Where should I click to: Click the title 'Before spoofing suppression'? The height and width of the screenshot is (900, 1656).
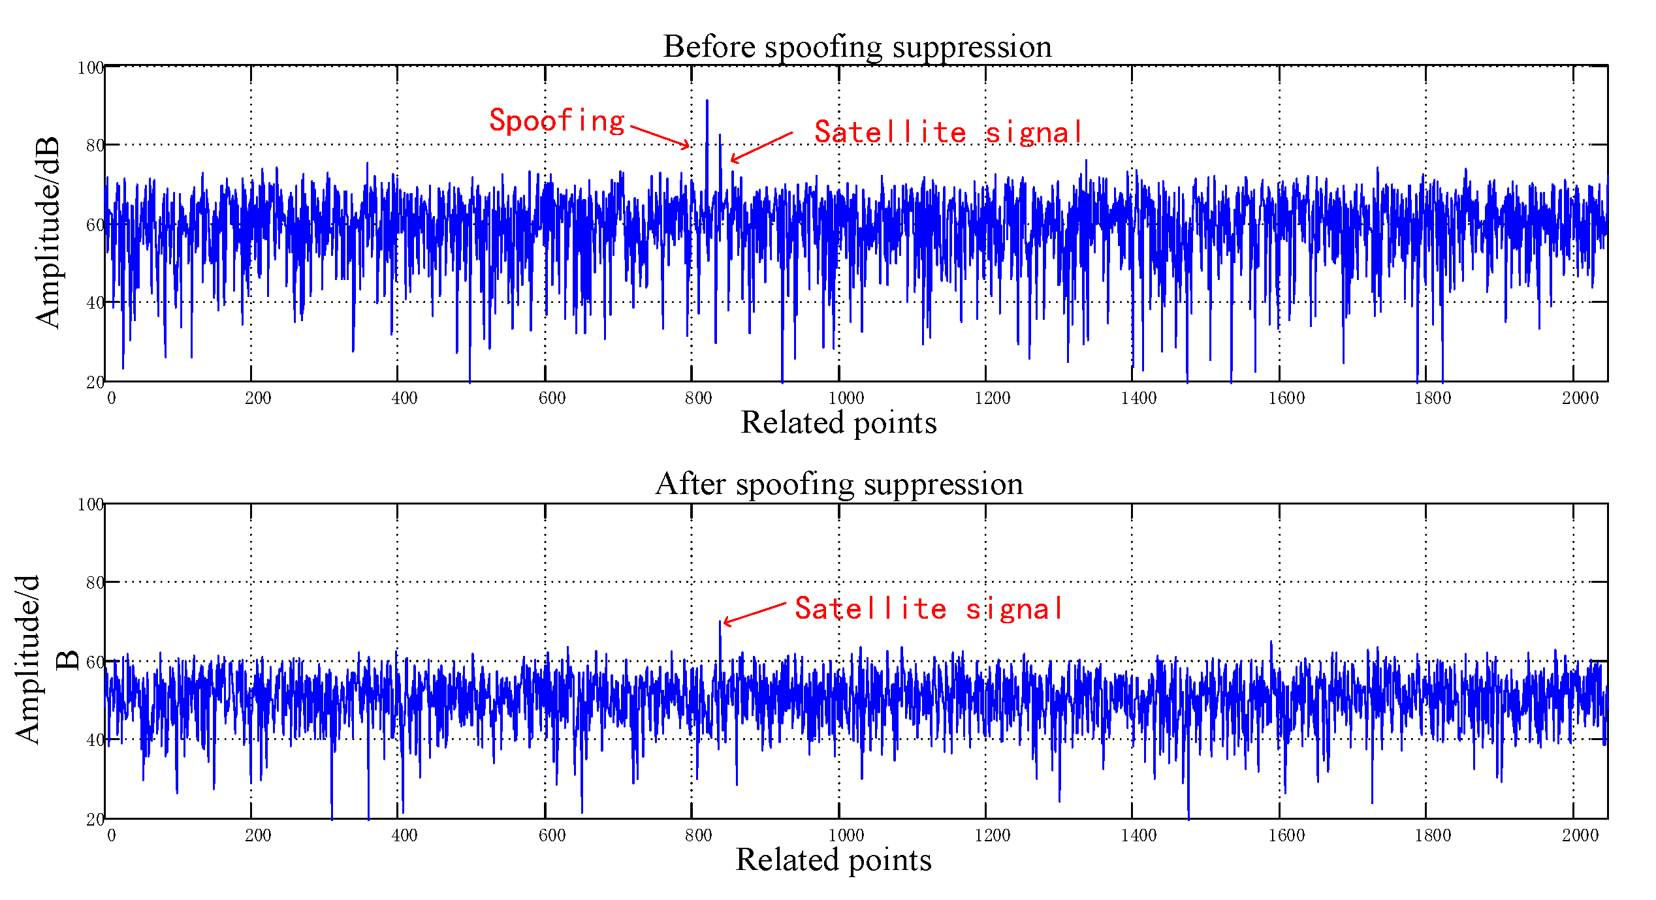857,47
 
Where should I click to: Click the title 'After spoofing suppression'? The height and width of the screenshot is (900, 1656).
839,484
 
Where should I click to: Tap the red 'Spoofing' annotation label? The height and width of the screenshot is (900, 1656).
557,121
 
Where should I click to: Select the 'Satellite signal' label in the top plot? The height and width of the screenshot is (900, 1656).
948,132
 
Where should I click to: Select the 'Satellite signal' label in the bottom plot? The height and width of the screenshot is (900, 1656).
929,609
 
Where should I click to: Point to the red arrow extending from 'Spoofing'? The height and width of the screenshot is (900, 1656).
660,136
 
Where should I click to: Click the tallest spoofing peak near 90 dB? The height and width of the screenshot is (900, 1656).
707,102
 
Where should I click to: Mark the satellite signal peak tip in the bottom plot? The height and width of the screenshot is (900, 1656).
720,622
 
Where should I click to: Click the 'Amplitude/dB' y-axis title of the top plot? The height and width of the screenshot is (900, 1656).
47,232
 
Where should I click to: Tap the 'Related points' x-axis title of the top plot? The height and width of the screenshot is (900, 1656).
838,423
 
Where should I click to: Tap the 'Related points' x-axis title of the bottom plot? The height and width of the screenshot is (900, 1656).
833,860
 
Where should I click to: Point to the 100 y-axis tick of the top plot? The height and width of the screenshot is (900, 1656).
90,68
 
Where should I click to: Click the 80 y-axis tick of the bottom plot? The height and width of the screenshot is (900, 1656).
95,583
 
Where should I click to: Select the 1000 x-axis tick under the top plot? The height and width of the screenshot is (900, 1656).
846,398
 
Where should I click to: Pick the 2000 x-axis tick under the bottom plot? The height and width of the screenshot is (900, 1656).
1580,835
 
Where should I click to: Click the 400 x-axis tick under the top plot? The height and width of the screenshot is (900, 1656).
404,398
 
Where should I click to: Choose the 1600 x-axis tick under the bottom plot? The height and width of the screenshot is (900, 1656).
1286,835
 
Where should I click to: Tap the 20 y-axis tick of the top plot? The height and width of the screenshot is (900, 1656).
95,382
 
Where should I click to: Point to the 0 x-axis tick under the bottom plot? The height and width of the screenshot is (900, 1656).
112,835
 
